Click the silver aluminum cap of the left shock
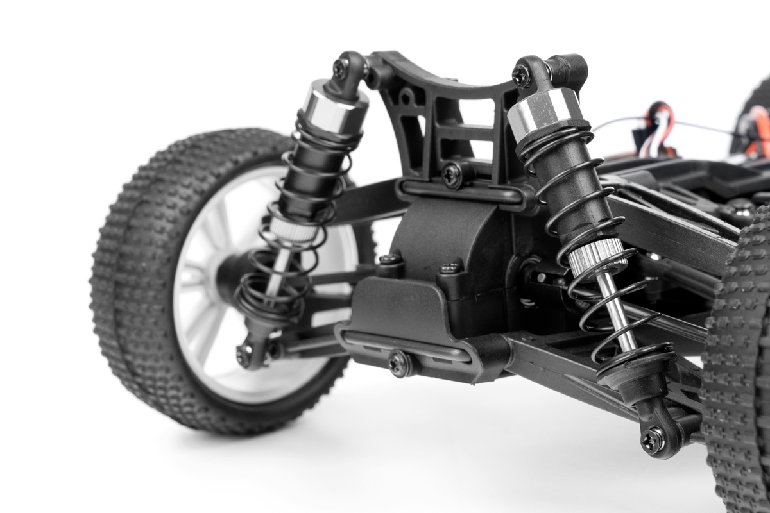[x=334, y=108]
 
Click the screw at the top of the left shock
[x=340, y=65]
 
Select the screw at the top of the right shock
[x=521, y=75]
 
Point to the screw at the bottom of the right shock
[x=653, y=441]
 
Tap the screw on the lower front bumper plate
[x=398, y=362]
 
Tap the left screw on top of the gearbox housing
[x=389, y=260]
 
